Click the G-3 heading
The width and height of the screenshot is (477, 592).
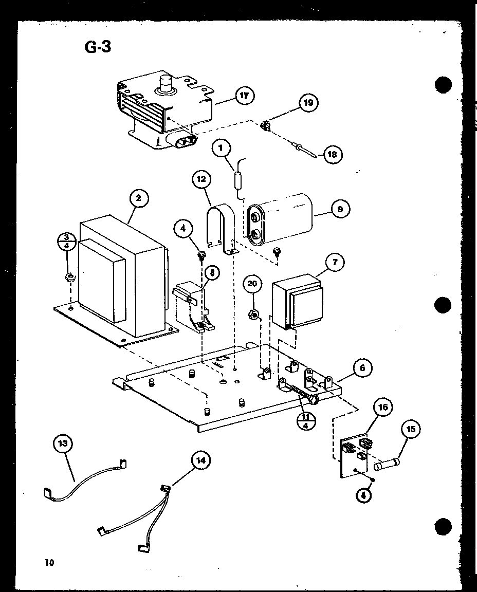tap(97, 47)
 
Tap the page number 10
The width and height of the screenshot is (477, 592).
tap(49, 562)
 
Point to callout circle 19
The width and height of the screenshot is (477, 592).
tap(308, 103)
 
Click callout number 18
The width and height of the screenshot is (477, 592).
tap(334, 154)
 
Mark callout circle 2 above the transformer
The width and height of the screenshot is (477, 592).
tap(139, 198)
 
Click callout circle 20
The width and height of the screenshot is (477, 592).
tap(252, 284)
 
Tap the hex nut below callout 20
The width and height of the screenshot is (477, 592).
tap(253, 314)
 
